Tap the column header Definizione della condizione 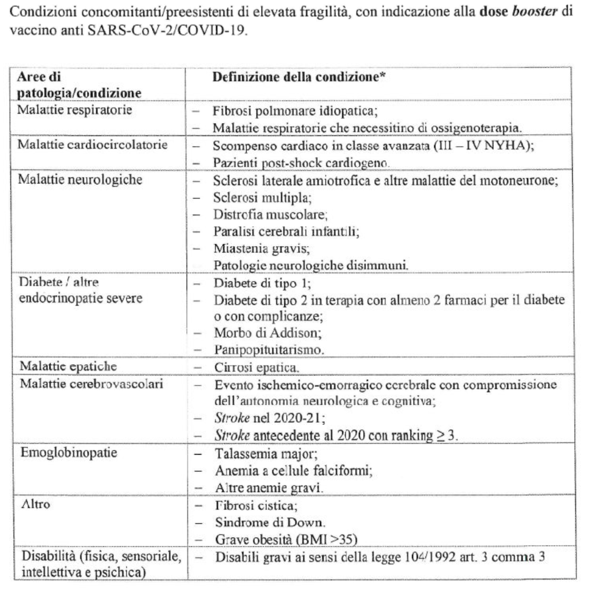point(299,77)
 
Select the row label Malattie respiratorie point(74,109)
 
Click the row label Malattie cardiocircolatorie point(92,144)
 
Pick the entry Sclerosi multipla point(262,197)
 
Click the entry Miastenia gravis point(261,248)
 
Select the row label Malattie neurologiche point(80,179)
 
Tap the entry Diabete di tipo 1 point(262,283)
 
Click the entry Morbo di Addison point(268,332)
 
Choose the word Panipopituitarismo point(269,349)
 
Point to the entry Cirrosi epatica point(256,367)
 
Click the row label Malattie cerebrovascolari point(91,384)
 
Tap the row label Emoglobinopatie point(69,453)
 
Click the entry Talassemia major point(266,453)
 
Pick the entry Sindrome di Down point(270,522)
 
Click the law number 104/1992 point(430,557)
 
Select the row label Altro point(36,504)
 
